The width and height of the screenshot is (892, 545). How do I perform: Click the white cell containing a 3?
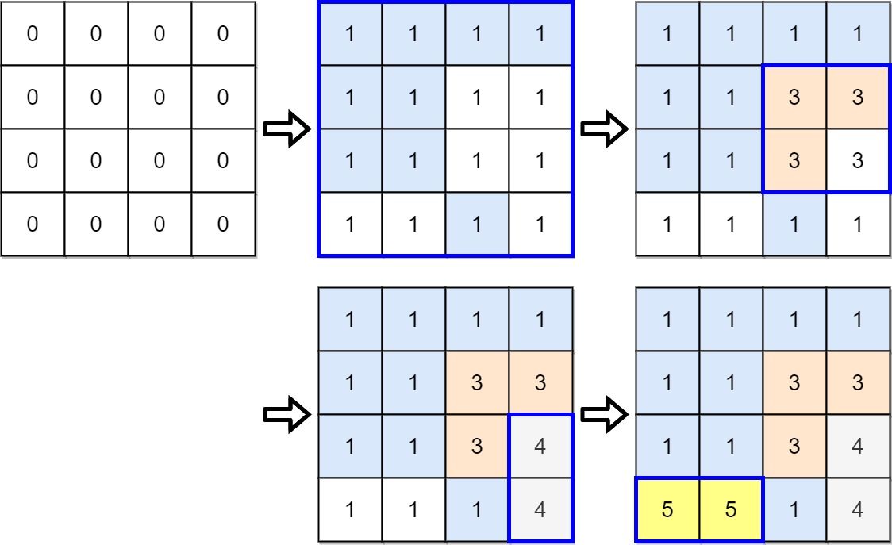click(x=857, y=160)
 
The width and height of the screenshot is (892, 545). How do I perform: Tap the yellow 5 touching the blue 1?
click(x=731, y=509)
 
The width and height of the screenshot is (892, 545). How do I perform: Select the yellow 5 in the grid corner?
click(x=667, y=509)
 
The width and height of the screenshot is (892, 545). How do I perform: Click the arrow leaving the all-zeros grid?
click(x=286, y=129)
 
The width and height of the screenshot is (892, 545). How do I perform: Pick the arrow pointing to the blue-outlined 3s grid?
click(x=604, y=129)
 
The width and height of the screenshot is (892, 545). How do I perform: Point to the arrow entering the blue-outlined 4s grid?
click(x=286, y=414)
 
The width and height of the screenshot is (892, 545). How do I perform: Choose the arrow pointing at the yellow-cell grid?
click(x=604, y=414)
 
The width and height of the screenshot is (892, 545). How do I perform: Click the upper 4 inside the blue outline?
click(x=540, y=446)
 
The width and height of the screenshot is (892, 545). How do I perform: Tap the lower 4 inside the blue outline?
click(x=540, y=509)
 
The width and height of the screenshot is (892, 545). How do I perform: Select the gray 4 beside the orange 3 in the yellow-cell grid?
click(x=857, y=446)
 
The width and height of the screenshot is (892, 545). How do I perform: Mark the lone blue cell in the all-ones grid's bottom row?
click(x=477, y=225)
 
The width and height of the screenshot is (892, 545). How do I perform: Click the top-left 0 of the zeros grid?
click(x=33, y=33)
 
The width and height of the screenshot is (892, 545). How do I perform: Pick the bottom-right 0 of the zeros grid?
click(x=223, y=225)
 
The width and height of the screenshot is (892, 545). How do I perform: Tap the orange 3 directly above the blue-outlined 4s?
click(x=540, y=382)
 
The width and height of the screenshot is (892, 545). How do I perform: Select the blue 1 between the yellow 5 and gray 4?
click(x=794, y=509)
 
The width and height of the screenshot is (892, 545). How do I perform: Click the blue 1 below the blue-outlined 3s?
click(x=794, y=225)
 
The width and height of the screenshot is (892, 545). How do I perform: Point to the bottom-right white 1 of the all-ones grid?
click(x=540, y=225)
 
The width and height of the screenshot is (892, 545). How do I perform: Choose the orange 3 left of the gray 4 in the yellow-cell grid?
click(x=794, y=446)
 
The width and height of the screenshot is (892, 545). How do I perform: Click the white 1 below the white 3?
click(x=857, y=225)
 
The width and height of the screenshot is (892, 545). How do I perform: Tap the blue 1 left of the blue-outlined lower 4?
click(x=477, y=509)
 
